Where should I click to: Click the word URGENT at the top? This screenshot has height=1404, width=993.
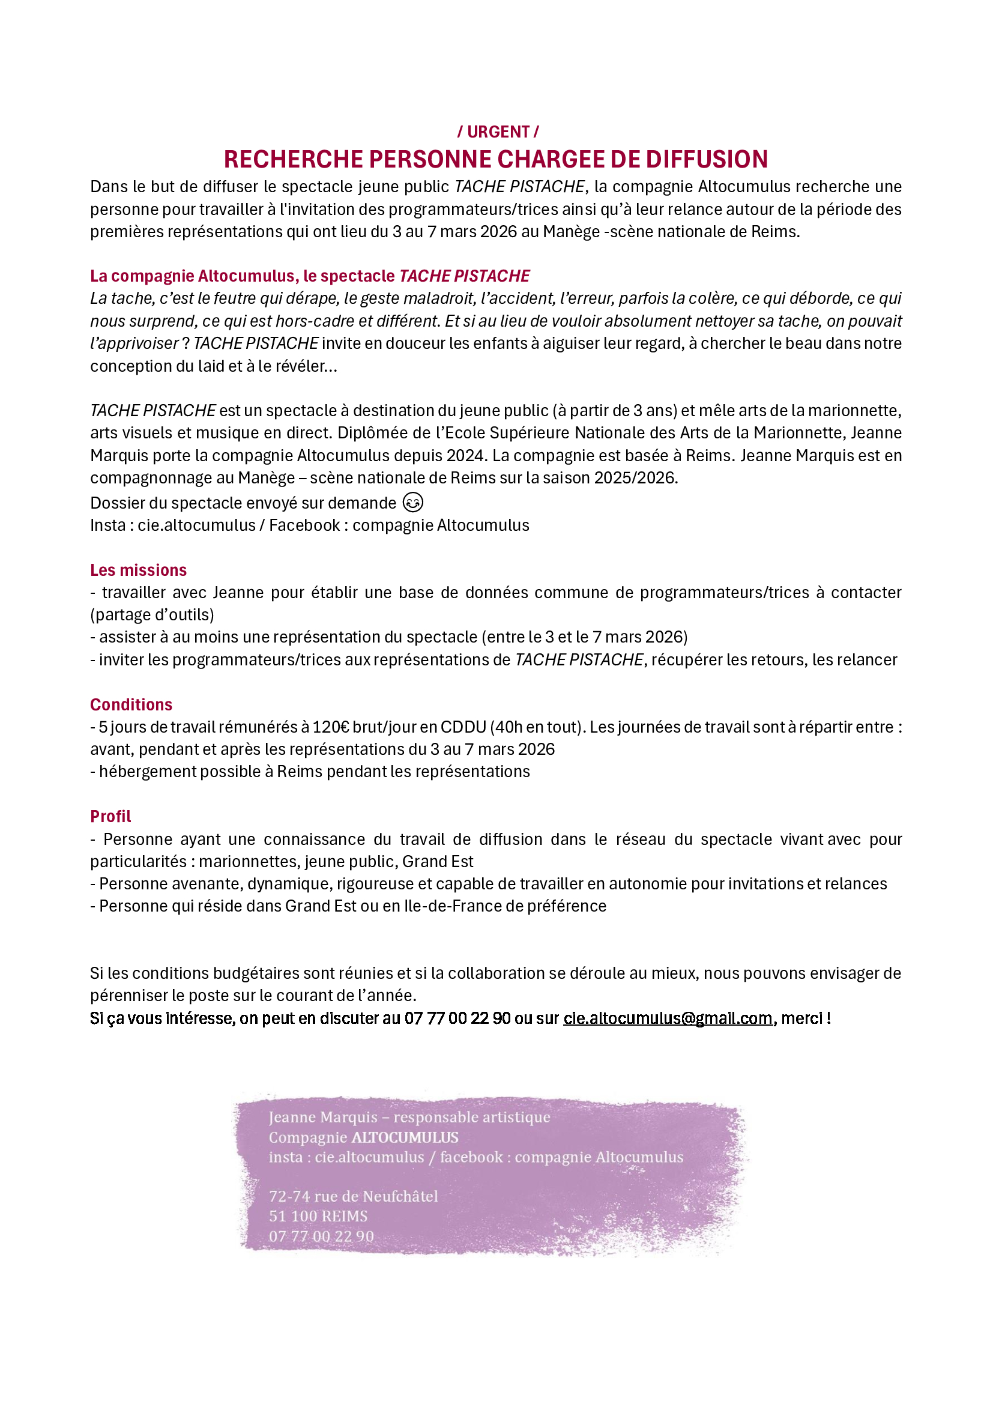coord(498,132)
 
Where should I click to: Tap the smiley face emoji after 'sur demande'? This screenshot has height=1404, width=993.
coord(412,503)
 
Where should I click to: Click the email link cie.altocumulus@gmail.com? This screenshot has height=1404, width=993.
coord(668,1018)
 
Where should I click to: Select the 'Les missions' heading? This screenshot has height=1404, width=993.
coord(138,570)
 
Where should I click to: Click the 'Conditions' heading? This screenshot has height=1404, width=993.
coord(131,704)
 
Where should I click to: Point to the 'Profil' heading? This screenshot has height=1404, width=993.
coord(110,816)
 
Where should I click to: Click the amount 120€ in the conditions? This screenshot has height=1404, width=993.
coord(330,727)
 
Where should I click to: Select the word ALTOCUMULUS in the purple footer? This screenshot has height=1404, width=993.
coord(405,1137)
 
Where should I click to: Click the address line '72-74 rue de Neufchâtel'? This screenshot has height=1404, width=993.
coord(354,1196)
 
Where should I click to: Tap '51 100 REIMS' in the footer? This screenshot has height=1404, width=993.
coord(318,1216)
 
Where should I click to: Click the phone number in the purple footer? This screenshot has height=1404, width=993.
coord(321,1236)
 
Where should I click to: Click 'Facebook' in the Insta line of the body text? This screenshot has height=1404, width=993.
coord(304,525)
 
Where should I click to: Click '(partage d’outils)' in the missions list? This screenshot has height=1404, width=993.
coord(152,614)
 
